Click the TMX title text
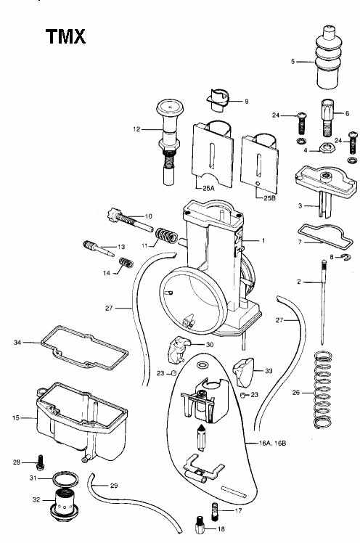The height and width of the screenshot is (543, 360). [x=65, y=37]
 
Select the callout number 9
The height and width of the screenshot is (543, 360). [x=247, y=102]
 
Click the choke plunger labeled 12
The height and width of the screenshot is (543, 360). [x=168, y=142]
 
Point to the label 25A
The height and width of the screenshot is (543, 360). [x=209, y=189]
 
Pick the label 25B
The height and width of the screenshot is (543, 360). [x=270, y=198]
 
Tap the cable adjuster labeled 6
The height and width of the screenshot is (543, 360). [x=327, y=118]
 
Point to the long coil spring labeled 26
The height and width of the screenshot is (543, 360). [x=323, y=390]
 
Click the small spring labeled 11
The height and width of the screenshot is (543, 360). [x=166, y=235]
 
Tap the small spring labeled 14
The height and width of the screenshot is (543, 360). [x=126, y=263]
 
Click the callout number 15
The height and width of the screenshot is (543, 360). [x=15, y=418]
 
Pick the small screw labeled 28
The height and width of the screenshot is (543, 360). [x=40, y=462]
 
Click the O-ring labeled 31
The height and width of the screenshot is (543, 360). [x=65, y=479]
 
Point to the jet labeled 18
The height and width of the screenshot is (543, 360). [x=200, y=525]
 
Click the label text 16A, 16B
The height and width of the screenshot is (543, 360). [x=272, y=443]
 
